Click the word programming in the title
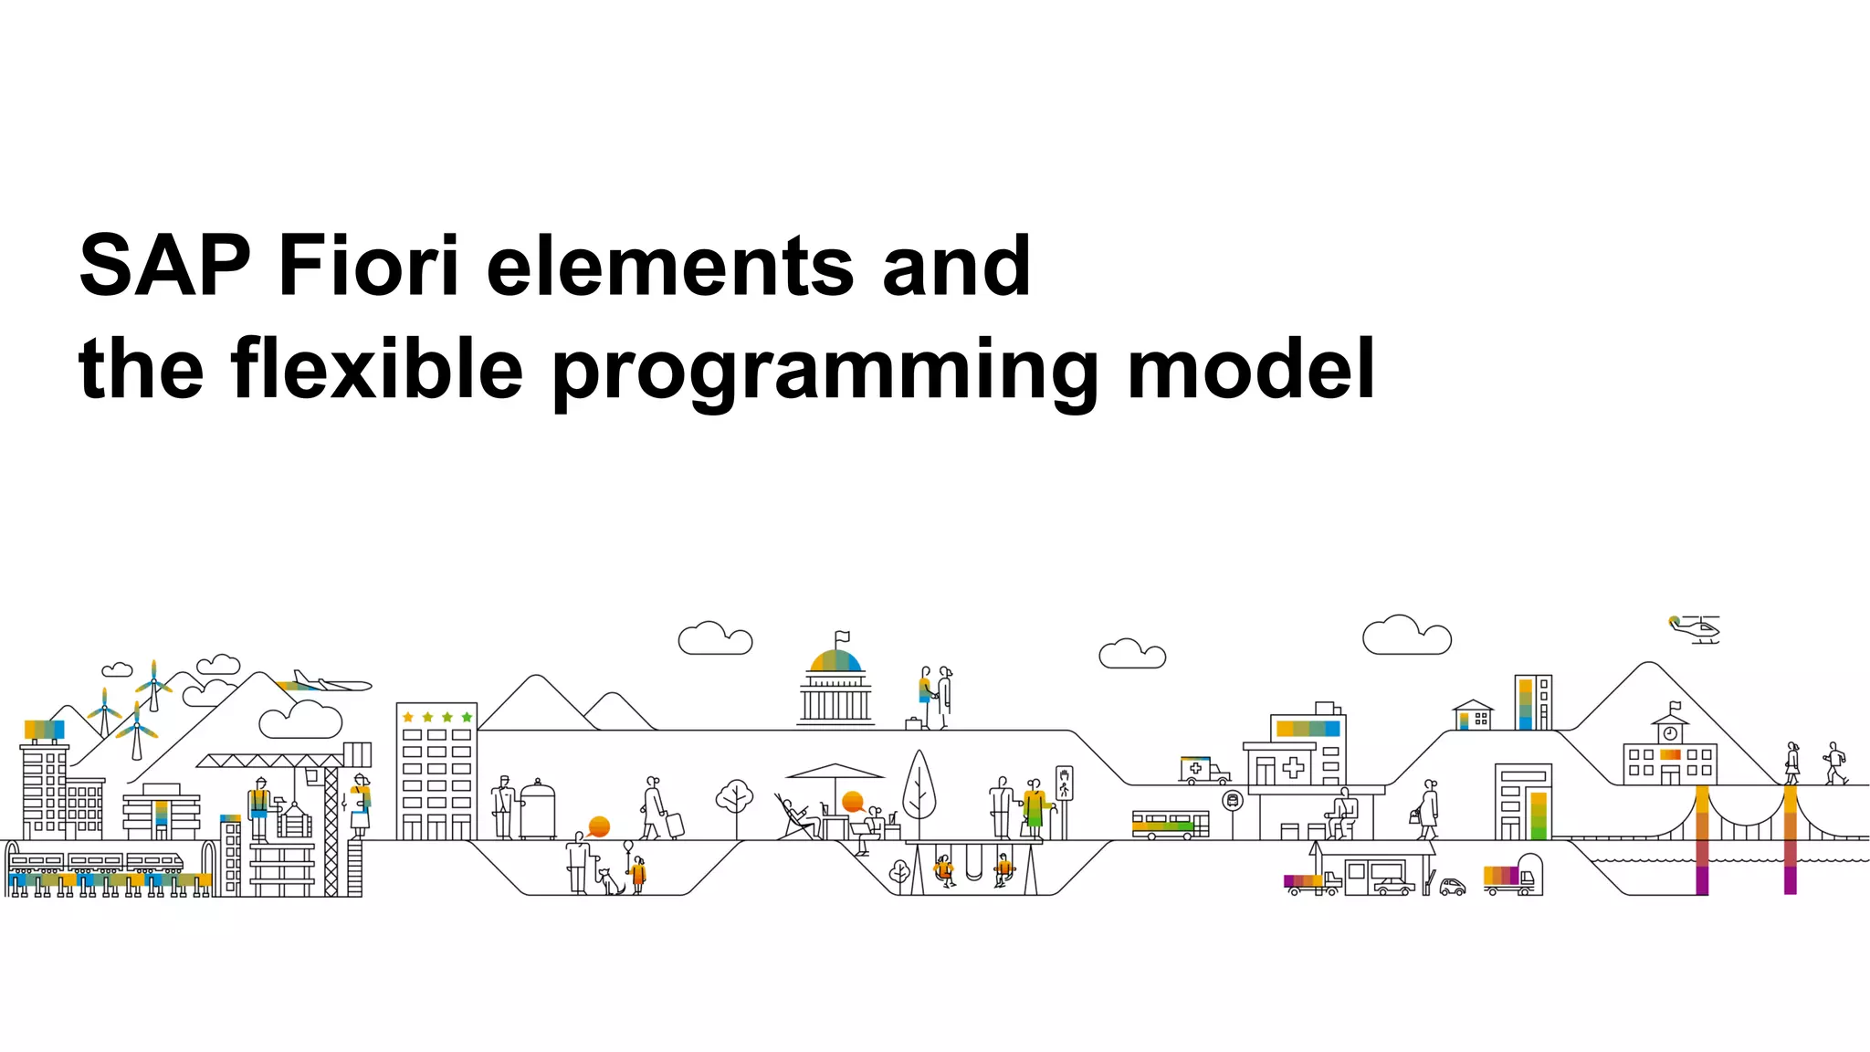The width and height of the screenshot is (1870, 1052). [x=825, y=370]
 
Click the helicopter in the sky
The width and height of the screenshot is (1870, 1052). [x=1697, y=628]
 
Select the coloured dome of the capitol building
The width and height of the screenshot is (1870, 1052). [x=835, y=660]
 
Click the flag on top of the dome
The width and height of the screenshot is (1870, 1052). [x=842, y=636]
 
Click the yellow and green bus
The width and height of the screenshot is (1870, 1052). [x=1170, y=824]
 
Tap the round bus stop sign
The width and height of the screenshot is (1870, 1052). [x=1233, y=801]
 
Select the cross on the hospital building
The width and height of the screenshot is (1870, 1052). [x=1293, y=767]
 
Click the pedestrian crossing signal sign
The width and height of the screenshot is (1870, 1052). [x=1064, y=783]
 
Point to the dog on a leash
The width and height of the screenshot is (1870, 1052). [x=609, y=882]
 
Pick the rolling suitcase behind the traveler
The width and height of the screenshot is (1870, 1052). [x=675, y=825]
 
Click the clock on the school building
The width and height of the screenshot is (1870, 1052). [x=1670, y=733]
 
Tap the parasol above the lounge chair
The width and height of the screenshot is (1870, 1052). [x=835, y=772]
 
